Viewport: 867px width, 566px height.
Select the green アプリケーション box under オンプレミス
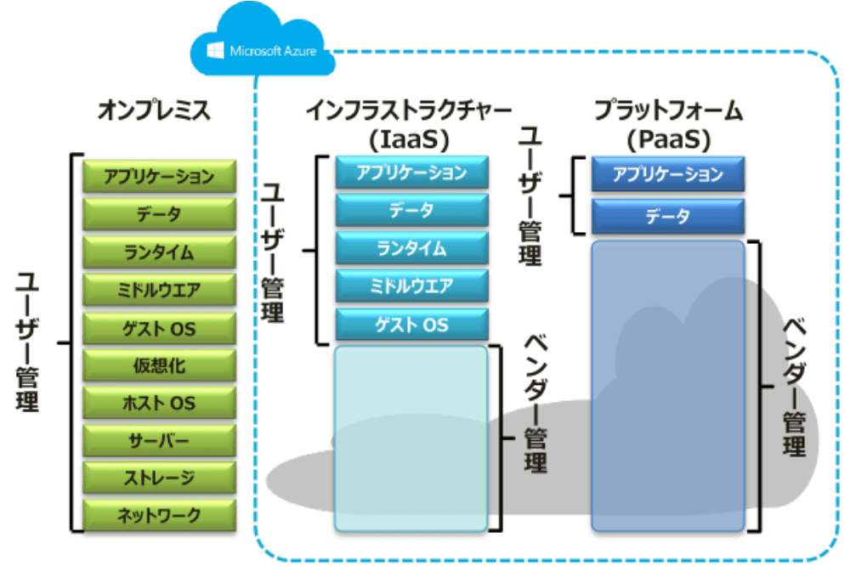[x=159, y=176]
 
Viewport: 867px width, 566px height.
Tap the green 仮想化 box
[x=159, y=365]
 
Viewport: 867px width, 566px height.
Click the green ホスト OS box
[x=159, y=402]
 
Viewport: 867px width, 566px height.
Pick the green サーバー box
[x=159, y=440]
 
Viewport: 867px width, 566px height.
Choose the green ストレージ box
[x=159, y=478]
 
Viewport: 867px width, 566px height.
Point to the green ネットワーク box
[x=159, y=515]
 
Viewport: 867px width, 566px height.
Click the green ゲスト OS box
[x=159, y=328]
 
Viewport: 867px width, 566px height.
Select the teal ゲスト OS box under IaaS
[x=412, y=325]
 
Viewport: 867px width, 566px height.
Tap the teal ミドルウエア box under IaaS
[x=412, y=286]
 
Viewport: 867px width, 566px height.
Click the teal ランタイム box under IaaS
[x=412, y=248]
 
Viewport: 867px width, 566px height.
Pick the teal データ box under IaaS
[x=412, y=210]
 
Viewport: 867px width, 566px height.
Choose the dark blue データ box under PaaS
[x=668, y=216]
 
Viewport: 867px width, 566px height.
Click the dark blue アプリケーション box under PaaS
[x=668, y=174]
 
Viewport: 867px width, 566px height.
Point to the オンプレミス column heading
[x=154, y=110]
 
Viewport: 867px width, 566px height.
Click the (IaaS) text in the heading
[x=409, y=139]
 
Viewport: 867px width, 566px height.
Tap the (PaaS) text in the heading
[x=668, y=139]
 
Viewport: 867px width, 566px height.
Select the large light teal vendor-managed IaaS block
[x=411, y=439]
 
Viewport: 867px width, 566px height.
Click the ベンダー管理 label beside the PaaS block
[x=795, y=387]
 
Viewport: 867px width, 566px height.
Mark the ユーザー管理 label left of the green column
[x=26, y=342]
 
